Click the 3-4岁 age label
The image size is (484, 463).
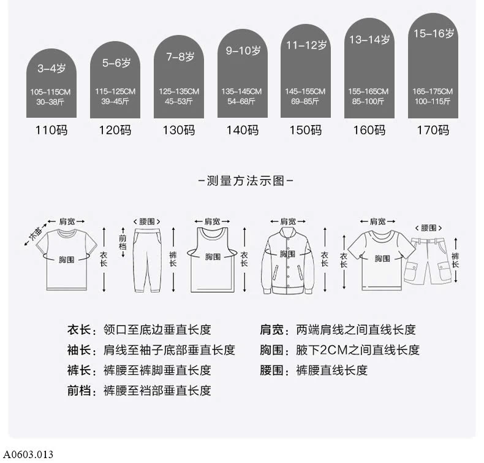pyautogui.click(x=51, y=68)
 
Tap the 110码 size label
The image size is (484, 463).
pyautogui.click(x=51, y=130)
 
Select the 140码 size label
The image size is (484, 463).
pyautogui.click(x=243, y=130)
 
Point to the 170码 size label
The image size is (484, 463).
pyautogui.click(x=433, y=130)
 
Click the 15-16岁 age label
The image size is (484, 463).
pyautogui.click(x=433, y=33)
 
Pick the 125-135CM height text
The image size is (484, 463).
pyautogui.click(x=179, y=91)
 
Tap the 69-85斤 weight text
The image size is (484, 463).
pyautogui.click(x=304, y=101)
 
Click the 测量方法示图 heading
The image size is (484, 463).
pyautogui.click(x=246, y=181)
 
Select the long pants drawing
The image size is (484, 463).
pyautogui.click(x=148, y=260)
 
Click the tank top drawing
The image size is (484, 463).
pyautogui.click(x=213, y=260)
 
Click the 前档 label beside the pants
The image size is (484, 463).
pyautogui.click(x=123, y=242)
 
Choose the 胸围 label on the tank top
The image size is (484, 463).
pyautogui.click(x=213, y=257)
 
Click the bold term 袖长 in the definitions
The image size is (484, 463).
pyautogui.click(x=78, y=350)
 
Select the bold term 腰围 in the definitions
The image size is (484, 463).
pyautogui.click(x=271, y=370)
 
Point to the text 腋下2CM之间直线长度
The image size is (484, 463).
pyautogui.click(x=358, y=350)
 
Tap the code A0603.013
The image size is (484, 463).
pyautogui.click(x=28, y=454)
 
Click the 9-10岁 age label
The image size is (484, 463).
pyautogui.click(x=243, y=51)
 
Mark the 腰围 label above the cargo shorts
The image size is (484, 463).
pyautogui.click(x=428, y=228)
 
